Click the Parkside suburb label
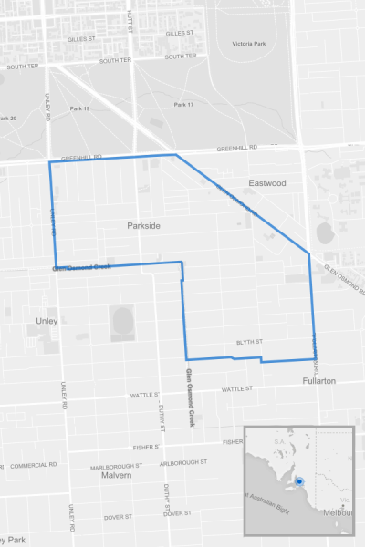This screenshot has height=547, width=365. pyautogui.click(x=144, y=224)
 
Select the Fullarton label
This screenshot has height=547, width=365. pyautogui.click(x=319, y=380)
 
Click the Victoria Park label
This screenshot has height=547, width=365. pyautogui.click(x=248, y=44)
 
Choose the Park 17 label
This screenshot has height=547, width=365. pyautogui.click(x=183, y=105)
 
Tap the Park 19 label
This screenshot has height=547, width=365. pyautogui.click(x=80, y=108)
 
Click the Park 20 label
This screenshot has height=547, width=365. pyautogui.click(x=8, y=119)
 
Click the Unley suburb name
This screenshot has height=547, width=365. pyautogui.click(x=47, y=322)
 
